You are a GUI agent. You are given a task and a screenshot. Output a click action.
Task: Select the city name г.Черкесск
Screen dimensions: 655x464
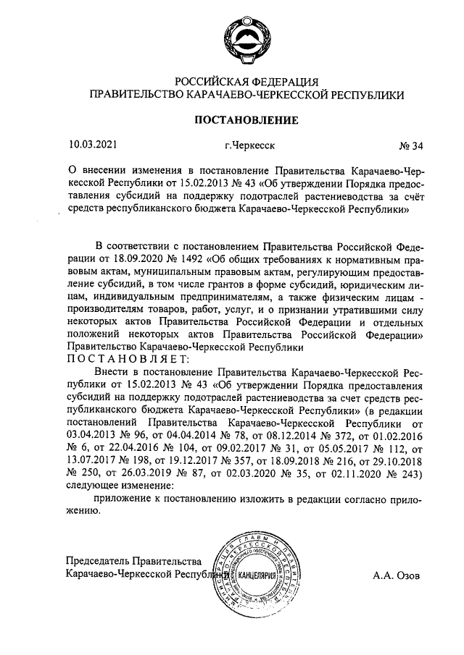[249, 145]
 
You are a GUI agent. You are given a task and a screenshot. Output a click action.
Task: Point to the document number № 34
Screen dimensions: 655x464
[411, 145]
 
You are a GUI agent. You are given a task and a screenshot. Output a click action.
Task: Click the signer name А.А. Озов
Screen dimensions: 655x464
[397, 577]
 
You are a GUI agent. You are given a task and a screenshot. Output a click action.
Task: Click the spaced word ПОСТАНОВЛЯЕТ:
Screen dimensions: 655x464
[128, 358]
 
